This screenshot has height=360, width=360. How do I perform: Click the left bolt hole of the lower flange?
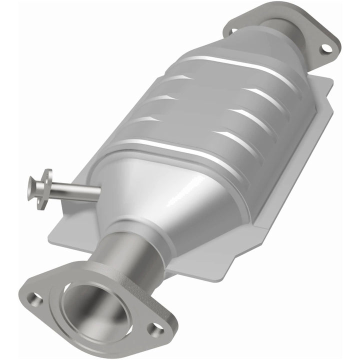click(x=34, y=298)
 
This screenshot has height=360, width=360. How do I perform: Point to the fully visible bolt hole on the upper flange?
click(x=326, y=48)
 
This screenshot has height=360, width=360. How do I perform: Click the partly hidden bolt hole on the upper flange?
click(x=233, y=31)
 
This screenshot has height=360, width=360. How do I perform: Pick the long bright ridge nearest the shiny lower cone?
click(x=175, y=150)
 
